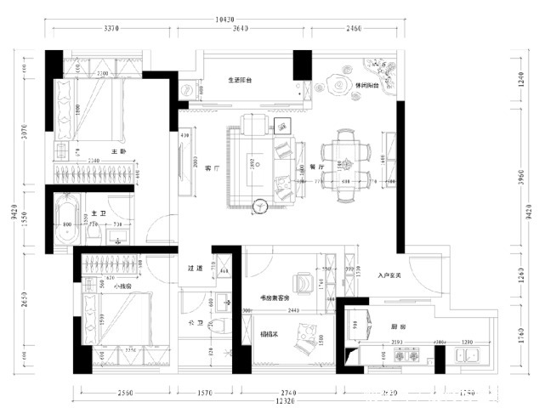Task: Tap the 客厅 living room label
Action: click(x=213, y=169)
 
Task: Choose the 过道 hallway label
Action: click(x=196, y=269)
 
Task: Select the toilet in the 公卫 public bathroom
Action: click(x=220, y=326)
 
